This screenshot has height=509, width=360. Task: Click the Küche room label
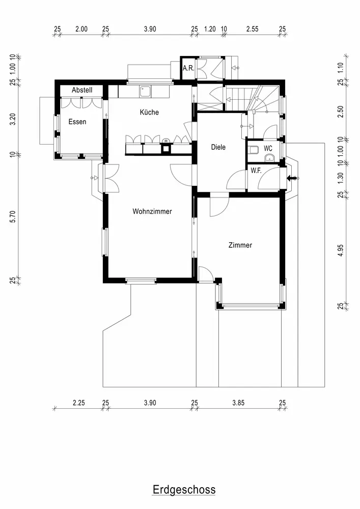pos(149,112)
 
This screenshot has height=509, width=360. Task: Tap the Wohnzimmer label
pos(152,211)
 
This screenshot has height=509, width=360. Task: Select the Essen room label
pos(77,122)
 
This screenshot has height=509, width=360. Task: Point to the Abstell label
pos(81,90)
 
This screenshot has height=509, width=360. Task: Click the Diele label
pos(218,147)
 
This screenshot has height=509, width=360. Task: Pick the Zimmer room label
pos(240,245)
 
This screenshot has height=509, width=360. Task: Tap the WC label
pos(268,149)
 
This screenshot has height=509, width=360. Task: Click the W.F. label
pos(256,171)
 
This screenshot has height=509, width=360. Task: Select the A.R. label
pos(188,68)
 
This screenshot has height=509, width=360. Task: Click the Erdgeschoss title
pos(184,490)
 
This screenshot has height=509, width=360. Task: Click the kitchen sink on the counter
pos(146,92)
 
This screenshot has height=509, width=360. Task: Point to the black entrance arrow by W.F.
pos(293,178)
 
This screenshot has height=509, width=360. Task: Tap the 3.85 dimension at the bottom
pos(238,403)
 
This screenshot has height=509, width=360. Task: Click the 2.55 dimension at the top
pos(252,29)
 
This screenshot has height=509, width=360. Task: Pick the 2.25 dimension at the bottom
pos(78,403)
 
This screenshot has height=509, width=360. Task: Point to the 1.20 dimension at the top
pos(209,29)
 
